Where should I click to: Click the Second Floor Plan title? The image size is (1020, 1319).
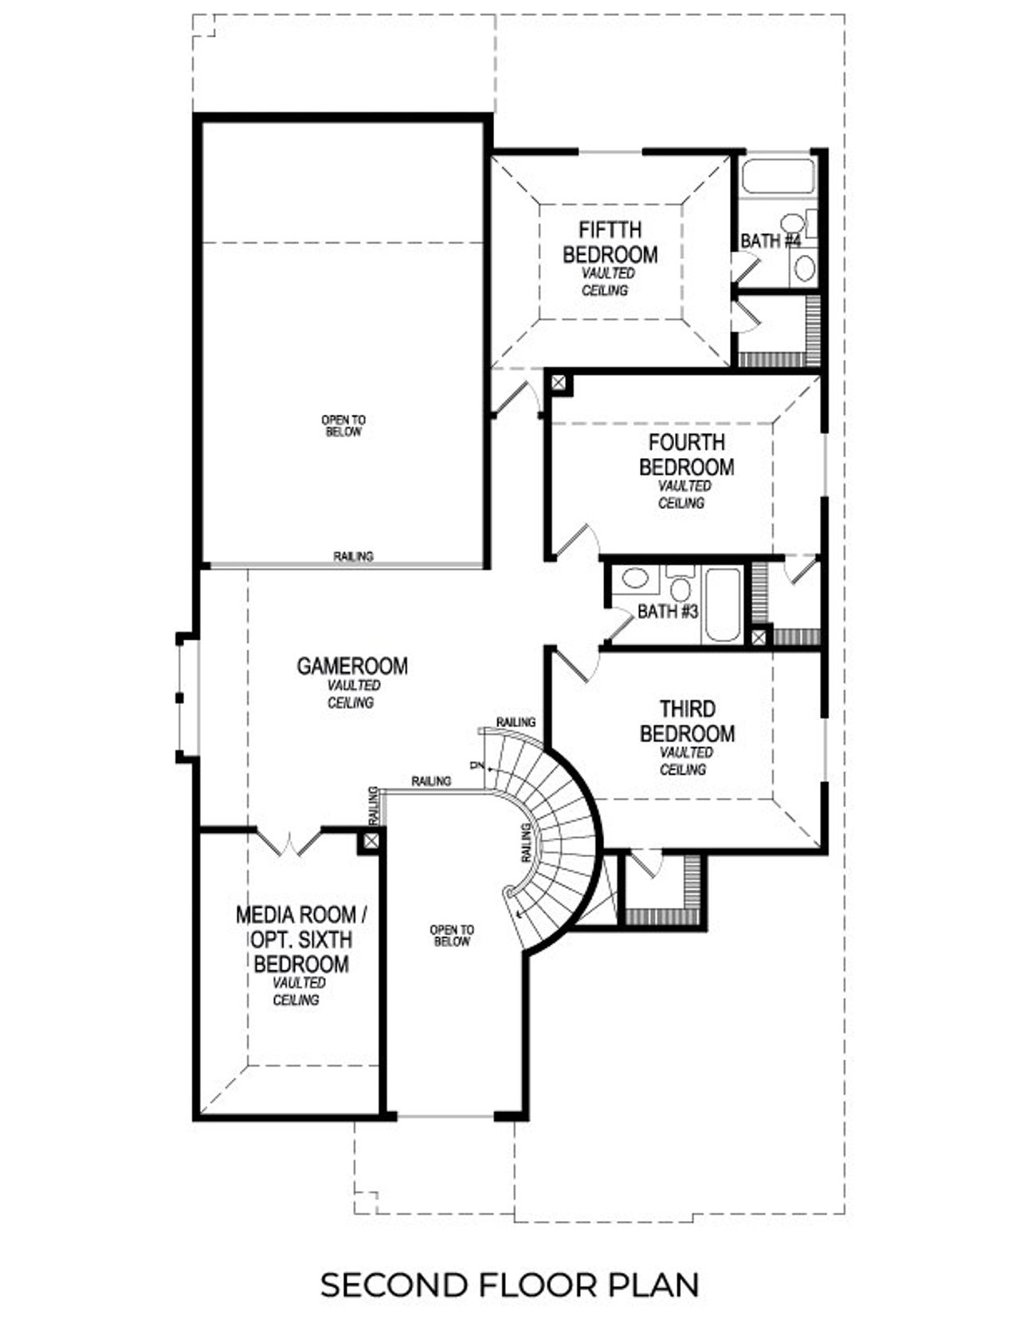(x=510, y=1284)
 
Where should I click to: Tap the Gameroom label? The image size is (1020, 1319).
(x=351, y=666)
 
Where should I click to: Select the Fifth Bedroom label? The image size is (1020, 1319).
(x=610, y=242)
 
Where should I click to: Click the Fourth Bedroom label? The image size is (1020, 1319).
(x=686, y=454)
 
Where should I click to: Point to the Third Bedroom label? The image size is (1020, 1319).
(x=687, y=721)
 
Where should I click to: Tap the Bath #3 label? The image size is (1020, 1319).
(x=668, y=611)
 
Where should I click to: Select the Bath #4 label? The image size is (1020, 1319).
(x=770, y=240)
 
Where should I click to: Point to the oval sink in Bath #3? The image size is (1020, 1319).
(x=635, y=578)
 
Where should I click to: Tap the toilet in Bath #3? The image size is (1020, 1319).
(x=680, y=586)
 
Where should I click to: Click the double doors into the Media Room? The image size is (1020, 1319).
(x=289, y=843)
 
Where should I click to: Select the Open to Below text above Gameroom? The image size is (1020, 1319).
(x=343, y=425)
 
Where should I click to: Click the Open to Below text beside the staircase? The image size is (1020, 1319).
(x=452, y=935)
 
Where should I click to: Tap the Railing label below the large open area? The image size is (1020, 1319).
(x=353, y=556)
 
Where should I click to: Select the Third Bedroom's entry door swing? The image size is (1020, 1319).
(x=572, y=663)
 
